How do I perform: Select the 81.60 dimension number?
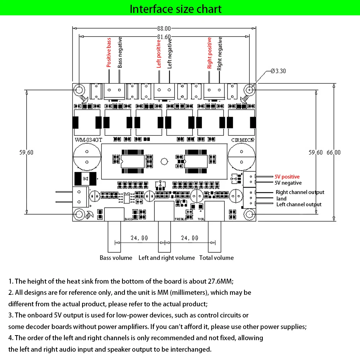[164, 37]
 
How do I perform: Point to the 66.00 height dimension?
[333, 152]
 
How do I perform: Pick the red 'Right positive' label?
[210, 53]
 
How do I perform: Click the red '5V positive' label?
[287, 177]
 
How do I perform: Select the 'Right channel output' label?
[300, 192]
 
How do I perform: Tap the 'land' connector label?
[282, 199]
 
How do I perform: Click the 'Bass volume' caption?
[116, 258]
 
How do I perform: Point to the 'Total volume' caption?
[216, 258]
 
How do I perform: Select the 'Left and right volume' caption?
[166, 258]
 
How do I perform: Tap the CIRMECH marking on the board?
[243, 140]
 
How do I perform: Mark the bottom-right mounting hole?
[249, 215]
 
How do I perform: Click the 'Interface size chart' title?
[176, 9]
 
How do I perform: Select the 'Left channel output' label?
[299, 204]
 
